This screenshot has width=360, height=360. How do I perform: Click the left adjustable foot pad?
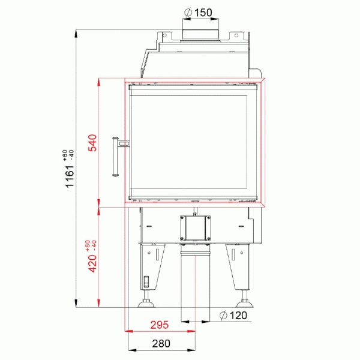(x=146, y=304)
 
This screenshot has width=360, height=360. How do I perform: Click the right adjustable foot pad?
(x=245, y=304)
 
